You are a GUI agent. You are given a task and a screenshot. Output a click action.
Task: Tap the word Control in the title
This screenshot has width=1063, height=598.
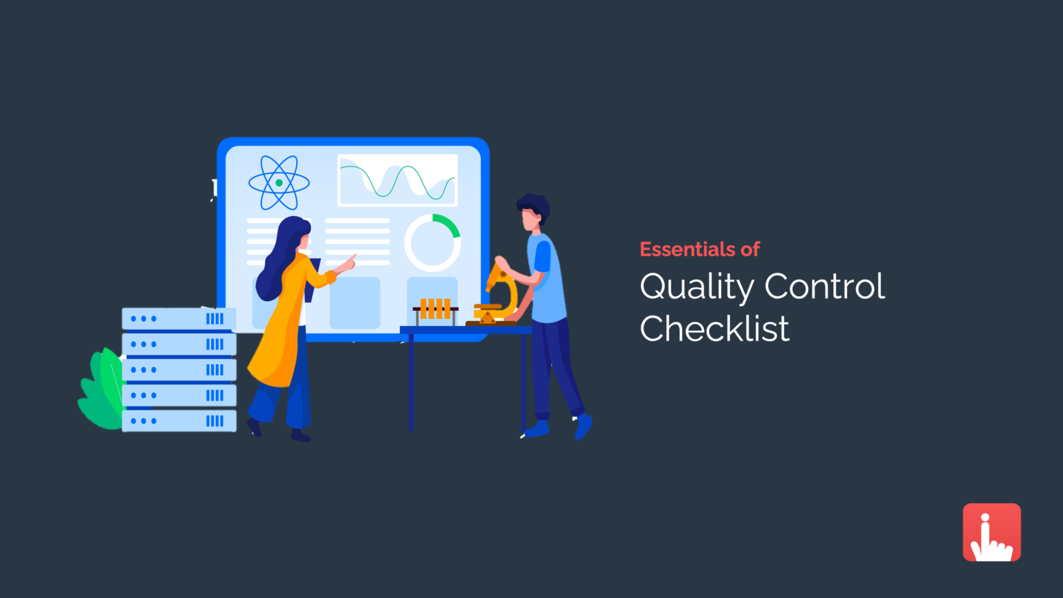pyautogui.click(x=824, y=286)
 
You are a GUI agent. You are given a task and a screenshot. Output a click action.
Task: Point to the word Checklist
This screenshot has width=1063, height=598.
pyautogui.click(x=714, y=329)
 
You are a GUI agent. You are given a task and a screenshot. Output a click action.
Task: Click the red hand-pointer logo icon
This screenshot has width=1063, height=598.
pyautogui.click(x=992, y=532)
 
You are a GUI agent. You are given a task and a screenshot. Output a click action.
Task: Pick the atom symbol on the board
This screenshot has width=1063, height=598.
pyautogui.click(x=279, y=183)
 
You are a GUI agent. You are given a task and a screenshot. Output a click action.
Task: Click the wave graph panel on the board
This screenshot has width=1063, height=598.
pyautogui.click(x=397, y=180)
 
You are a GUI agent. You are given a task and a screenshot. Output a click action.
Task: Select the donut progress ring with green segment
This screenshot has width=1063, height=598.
pyautogui.click(x=433, y=243)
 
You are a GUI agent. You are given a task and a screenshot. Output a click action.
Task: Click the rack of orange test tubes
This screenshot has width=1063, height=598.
pyautogui.click(x=435, y=309)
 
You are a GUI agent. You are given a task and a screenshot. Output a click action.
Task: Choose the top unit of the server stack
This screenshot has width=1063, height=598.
pyautogui.click(x=179, y=318)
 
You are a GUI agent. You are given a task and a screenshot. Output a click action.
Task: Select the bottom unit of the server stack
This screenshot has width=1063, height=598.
pyautogui.click(x=179, y=421)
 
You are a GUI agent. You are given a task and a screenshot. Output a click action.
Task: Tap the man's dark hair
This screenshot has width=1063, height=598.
pyautogui.click(x=534, y=206)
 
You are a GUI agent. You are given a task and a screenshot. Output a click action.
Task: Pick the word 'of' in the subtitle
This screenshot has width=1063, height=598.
pyautogui.click(x=750, y=249)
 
